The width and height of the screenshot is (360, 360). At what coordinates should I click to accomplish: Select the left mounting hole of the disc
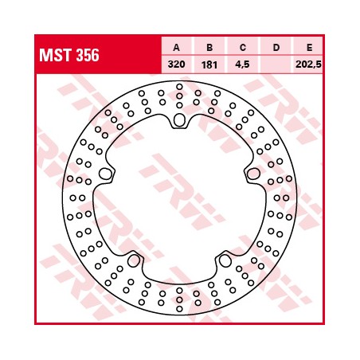pos(105,174)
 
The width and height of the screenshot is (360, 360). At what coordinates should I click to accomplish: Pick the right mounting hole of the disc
pos(253,174)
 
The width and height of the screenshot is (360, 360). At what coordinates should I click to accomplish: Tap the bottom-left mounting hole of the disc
pos(134,260)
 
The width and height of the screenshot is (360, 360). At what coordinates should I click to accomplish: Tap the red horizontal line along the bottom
pos(179,323)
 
